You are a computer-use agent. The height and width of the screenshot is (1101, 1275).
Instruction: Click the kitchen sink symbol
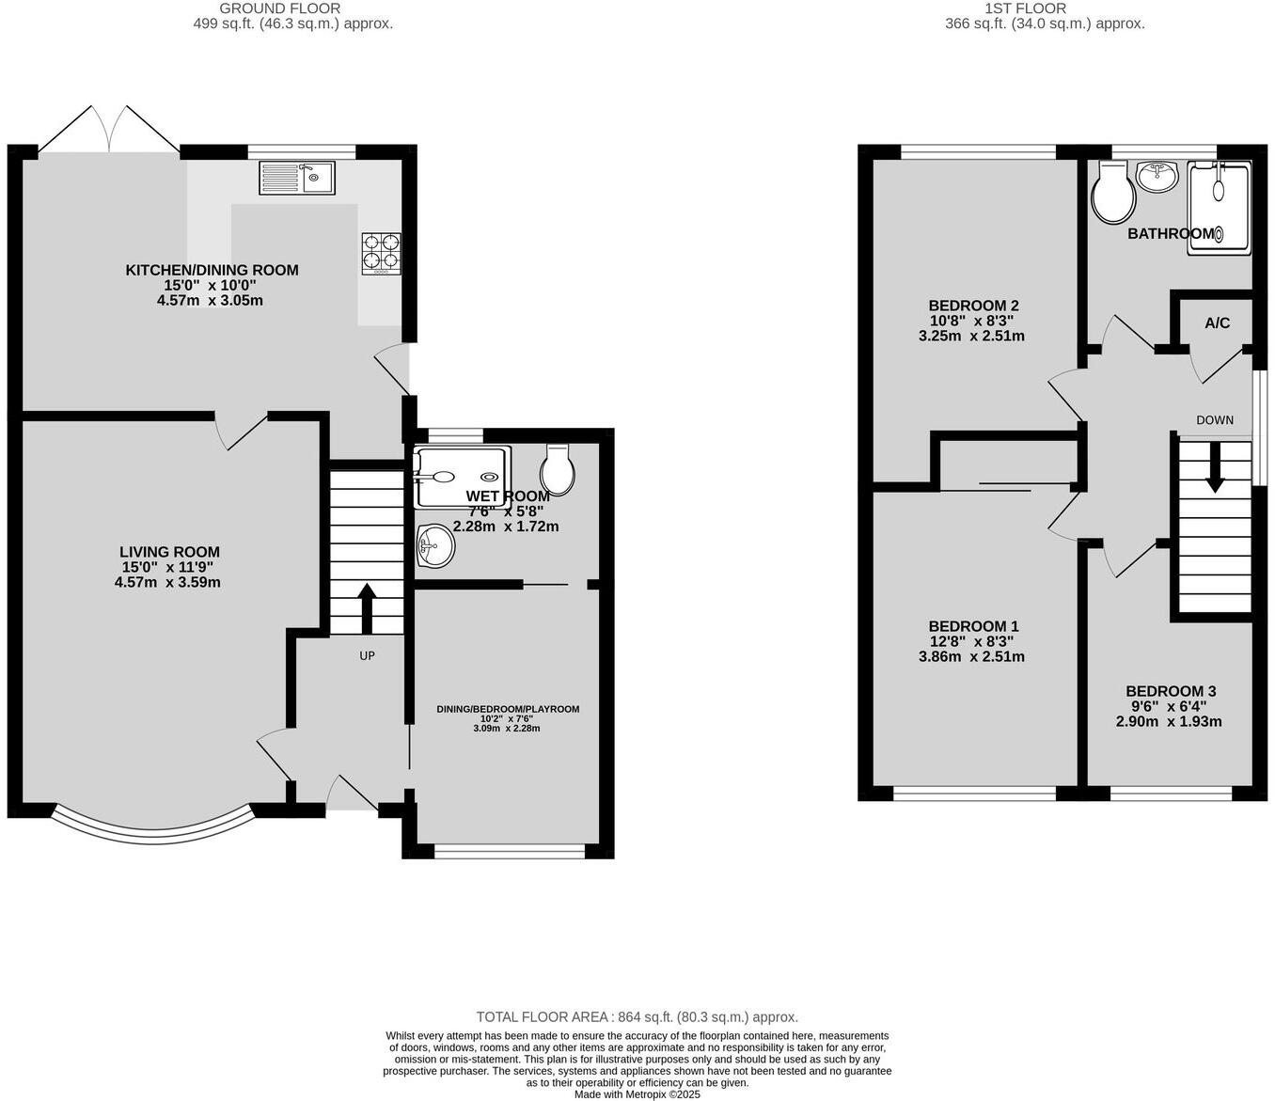click(x=296, y=177)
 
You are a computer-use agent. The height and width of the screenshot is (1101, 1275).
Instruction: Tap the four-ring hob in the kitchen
click(x=381, y=253)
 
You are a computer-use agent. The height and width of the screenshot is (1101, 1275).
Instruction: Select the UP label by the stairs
click(x=367, y=655)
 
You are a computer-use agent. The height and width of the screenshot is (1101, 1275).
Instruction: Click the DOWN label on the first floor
click(x=1215, y=420)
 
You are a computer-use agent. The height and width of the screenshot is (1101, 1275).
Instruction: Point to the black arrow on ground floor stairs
click(x=367, y=608)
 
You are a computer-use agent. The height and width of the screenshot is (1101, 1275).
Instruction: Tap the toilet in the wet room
click(x=558, y=470)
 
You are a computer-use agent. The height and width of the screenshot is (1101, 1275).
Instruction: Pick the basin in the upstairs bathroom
click(x=1157, y=176)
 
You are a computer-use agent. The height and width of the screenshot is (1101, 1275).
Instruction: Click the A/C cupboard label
click(x=1217, y=323)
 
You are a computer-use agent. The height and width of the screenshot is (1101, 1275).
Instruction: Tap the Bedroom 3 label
click(x=1170, y=691)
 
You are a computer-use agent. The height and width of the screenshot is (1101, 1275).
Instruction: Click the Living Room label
click(x=169, y=552)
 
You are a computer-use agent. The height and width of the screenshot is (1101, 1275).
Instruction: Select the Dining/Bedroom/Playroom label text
click(x=508, y=709)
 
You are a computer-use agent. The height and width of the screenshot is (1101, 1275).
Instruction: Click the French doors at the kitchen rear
click(x=110, y=130)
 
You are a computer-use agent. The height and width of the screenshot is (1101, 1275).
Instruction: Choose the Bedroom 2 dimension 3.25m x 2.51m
click(x=971, y=336)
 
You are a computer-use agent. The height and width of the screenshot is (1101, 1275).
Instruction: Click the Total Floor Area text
click(x=637, y=1016)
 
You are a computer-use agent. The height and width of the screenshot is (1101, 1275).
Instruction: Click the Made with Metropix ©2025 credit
click(x=637, y=1093)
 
